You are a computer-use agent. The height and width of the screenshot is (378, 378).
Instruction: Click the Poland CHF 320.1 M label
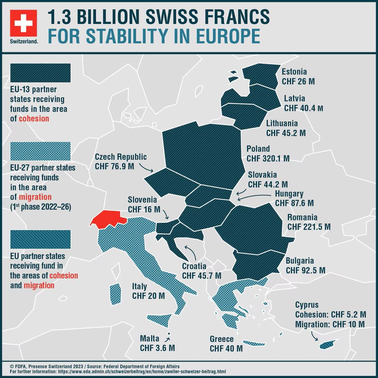268,153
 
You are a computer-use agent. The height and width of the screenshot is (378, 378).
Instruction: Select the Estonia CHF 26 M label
298,77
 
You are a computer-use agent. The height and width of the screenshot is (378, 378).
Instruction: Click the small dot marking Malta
169,334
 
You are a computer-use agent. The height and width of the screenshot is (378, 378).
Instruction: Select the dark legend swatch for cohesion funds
40,73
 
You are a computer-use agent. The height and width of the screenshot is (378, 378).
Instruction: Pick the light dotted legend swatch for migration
40,151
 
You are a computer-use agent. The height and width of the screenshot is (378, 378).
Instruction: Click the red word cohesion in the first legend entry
34,118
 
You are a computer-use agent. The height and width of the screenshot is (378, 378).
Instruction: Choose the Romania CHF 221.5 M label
309,222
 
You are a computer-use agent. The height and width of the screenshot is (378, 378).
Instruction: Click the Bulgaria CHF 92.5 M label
305,266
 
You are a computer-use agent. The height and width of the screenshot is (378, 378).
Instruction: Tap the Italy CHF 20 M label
148,291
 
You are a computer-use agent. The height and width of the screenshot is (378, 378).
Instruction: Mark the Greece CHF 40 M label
226,344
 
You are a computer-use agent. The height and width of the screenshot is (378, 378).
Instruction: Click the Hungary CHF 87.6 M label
294,198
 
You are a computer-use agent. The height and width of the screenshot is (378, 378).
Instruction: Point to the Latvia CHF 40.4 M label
303,103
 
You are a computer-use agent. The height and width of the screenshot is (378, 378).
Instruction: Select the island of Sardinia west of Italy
115,293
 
